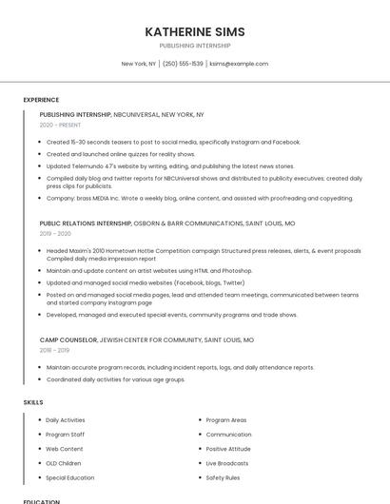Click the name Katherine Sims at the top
point(194,31)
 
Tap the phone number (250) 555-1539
point(183,64)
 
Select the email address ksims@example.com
point(239,64)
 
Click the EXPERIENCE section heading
point(41,100)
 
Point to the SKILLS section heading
point(33,402)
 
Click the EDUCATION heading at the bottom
point(41,501)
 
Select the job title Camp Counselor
point(68,339)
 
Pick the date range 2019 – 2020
point(55,233)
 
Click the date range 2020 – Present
point(60,125)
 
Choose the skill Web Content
point(65,449)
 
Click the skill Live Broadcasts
point(228,463)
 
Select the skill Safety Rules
point(223,477)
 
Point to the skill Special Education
point(70,477)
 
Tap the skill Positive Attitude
point(228,449)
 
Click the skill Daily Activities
point(66,419)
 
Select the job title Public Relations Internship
point(86,223)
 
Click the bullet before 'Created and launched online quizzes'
point(40,154)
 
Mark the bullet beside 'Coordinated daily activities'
point(40,379)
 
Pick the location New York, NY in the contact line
point(138,64)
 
